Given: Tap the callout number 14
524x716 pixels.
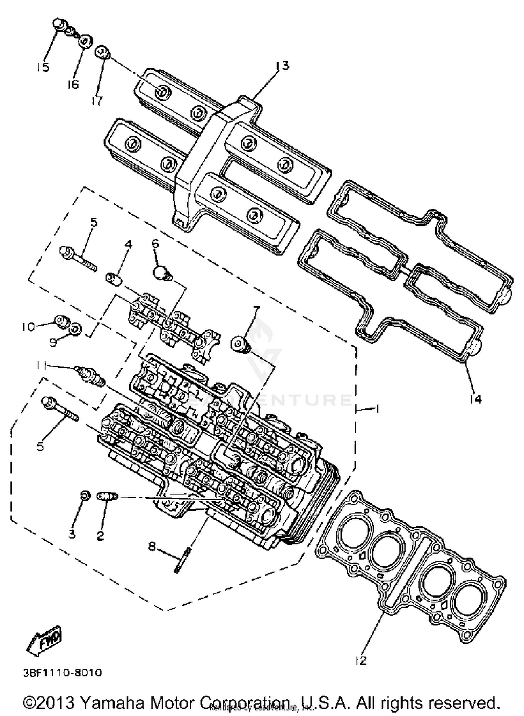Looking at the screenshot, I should [x=475, y=399].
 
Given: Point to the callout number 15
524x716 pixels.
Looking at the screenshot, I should [x=43, y=67].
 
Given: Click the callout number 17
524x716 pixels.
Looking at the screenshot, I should [x=97, y=101].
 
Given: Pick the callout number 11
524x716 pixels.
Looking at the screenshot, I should [x=41, y=365].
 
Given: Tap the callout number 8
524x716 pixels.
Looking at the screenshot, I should [x=152, y=546].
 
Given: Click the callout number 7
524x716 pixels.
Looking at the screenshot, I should [x=256, y=309].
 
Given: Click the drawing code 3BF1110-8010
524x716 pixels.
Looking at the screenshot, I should [x=63, y=672].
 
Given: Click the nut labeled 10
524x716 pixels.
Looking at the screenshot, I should [x=62, y=321].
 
